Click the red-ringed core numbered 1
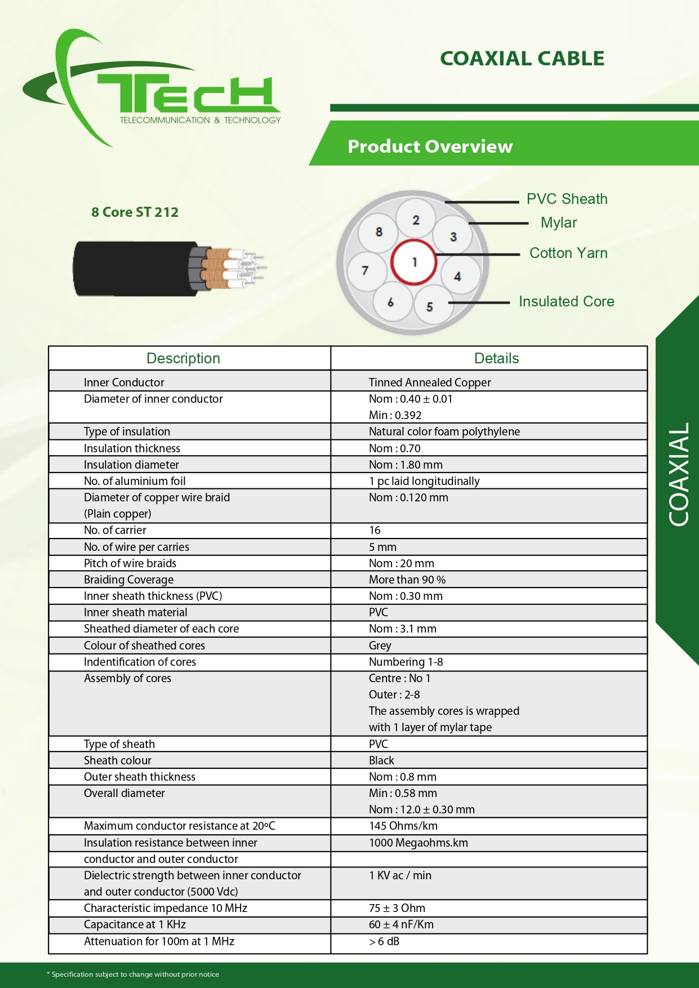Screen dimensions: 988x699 (x=414, y=262)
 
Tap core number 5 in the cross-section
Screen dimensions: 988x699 (x=430, y=306)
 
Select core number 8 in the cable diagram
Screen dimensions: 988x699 (x=379, y=232)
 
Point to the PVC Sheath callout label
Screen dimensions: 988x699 (x=567, y=199)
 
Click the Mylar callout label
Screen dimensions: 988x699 (x=559, y=222)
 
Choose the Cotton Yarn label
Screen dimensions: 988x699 (x=568, y=253)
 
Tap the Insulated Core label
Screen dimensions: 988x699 (x=566, y=301)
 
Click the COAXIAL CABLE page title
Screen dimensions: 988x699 (x=522, y=59)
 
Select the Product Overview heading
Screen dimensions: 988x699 (x=430, y=146)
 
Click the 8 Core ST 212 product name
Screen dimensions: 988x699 (x=135, y=212)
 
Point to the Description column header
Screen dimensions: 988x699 (x=183, y=358)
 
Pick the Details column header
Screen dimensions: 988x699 (x=496, y=358)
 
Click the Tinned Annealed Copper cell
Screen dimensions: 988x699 (x=430, y=382)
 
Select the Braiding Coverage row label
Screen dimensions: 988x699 (x=128, y=580)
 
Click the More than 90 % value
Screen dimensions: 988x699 (x=407, y=580)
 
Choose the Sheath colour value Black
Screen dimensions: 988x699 (x=381, y=760)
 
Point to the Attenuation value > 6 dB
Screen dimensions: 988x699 (x=384, y=941)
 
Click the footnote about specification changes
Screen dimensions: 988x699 (x=133, y=974)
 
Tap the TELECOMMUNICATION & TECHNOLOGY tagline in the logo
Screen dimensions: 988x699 (x=200, y=120)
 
